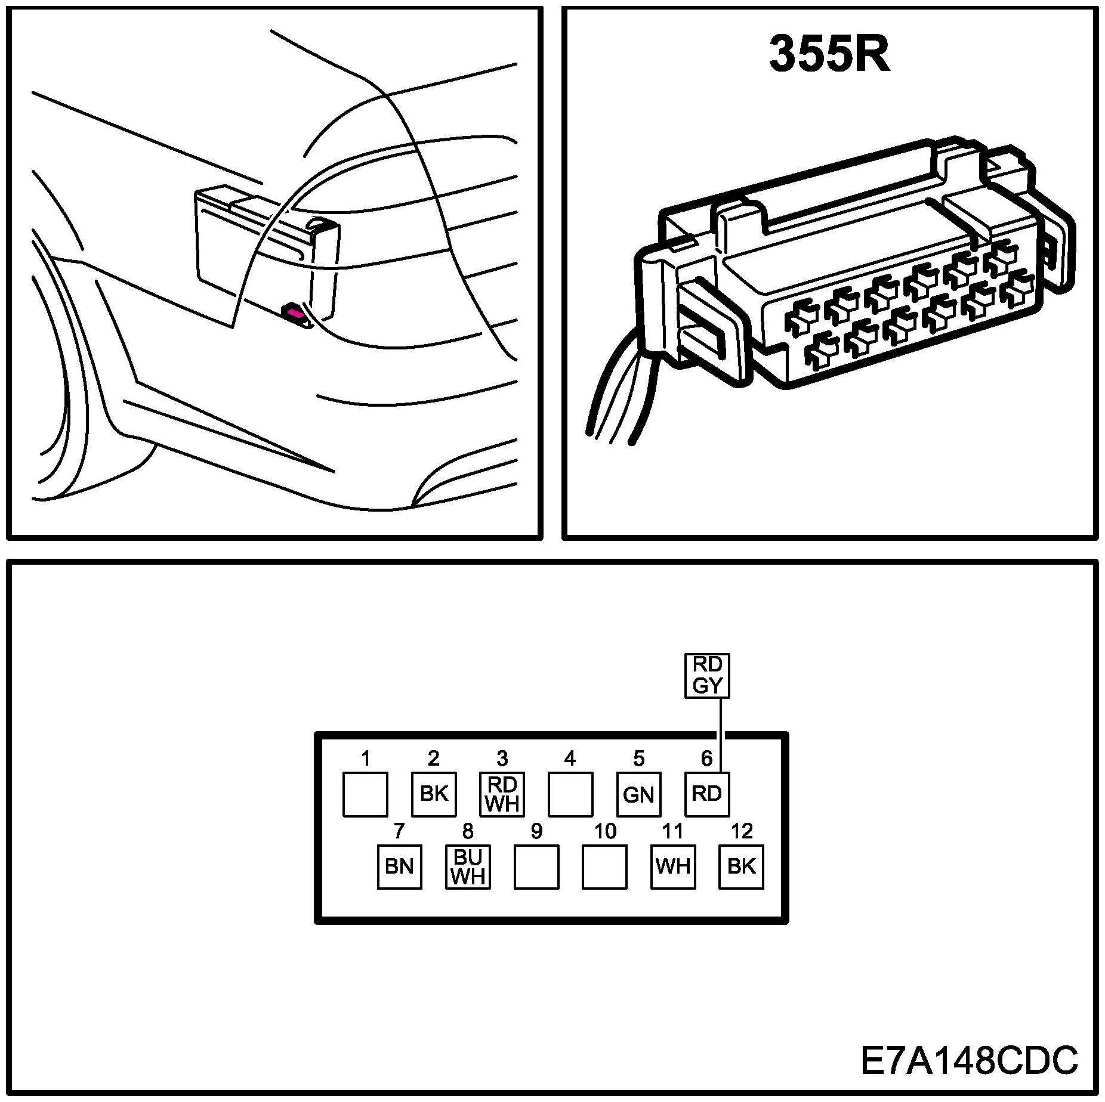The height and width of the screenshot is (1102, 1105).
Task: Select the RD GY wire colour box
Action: [707, 676]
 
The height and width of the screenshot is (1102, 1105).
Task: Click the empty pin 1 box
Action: [365, 794]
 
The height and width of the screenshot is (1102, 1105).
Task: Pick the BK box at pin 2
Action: [434, 794]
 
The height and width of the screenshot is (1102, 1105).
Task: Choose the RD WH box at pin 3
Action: [502, 794]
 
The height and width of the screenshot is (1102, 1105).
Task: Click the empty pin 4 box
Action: [570, 794]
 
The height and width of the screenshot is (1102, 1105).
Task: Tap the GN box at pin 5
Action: [638, 794]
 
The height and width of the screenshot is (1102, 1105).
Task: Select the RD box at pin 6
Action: [707, 794]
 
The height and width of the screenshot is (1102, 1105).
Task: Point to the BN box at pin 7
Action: [399, 866]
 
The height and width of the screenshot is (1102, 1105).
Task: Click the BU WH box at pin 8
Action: [468, 866]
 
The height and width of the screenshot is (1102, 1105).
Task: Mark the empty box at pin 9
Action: [536, 866]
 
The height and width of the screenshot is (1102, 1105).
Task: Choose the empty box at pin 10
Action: [604, 866]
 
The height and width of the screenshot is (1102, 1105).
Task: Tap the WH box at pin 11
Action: [673, 866]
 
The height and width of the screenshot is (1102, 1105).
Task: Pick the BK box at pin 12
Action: [742, 866]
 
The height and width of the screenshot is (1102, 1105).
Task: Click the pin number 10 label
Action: [605, 831]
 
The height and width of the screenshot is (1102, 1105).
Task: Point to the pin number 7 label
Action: [399, 831]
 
